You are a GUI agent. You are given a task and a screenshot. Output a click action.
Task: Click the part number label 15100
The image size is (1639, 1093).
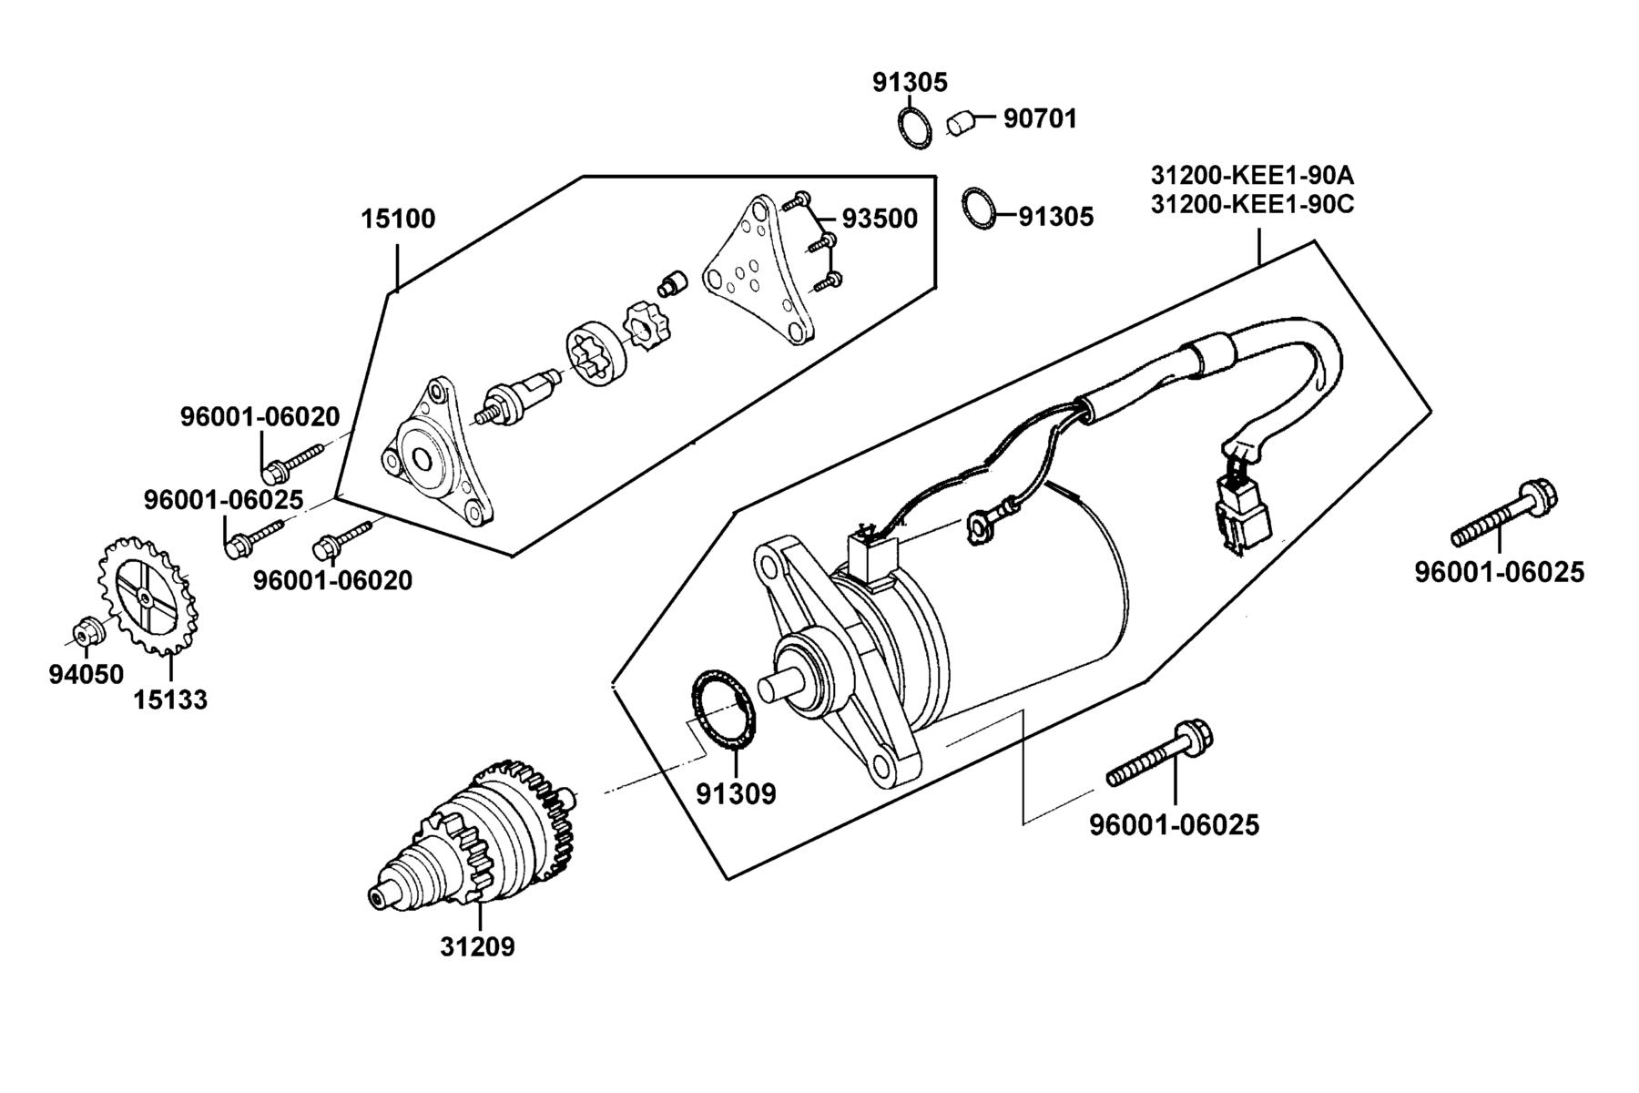coord(398,219)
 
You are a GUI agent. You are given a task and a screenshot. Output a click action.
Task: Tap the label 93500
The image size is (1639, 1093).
coord(879,219)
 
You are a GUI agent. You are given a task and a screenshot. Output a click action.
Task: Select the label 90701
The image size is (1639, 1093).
coord(1040,118)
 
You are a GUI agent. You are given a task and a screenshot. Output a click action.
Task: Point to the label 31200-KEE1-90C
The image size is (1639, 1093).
coord(1252,204)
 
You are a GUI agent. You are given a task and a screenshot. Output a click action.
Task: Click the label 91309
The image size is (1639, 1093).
coord(736,794)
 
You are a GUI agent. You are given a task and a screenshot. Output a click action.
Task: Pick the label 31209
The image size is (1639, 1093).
coord(477,947)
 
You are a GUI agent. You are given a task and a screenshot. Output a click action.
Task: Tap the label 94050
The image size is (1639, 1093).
coord(86,674)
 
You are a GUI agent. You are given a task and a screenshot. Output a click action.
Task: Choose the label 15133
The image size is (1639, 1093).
coord(170,700)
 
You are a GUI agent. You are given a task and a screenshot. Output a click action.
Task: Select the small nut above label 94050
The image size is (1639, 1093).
coord(85,629)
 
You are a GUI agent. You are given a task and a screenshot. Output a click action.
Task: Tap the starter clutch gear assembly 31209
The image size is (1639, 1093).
coord(473,833)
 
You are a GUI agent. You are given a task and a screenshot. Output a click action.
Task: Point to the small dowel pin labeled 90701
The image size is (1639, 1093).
coord(961,122)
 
